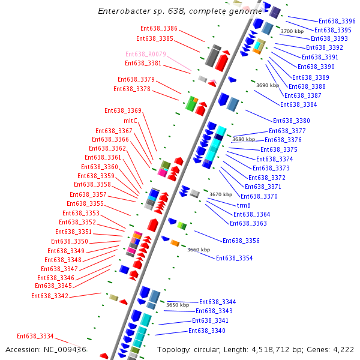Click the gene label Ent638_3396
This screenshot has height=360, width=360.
click(337, 21)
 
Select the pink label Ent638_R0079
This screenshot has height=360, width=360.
click(145, 54)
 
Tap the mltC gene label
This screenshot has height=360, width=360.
click(130, 121)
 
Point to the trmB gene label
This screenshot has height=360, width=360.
click(244, 205)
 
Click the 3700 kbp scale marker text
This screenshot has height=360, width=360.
click(292, 31)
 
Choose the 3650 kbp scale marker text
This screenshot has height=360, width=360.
click(178, 305)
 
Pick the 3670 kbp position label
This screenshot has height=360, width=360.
click(220, 194)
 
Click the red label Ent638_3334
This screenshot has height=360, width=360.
click(35, 337)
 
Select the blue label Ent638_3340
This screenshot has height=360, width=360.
click(207, 331)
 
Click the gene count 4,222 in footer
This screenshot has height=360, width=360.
click(341, 349)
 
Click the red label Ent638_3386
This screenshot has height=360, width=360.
click(159, 29)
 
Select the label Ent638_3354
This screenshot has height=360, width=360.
click(234, 258)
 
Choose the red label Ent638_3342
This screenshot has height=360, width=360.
click(50, 296)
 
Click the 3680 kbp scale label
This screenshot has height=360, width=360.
click(244, 139)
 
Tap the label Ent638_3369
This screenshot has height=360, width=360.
click(123, 110)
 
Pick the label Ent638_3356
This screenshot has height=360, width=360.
click(241, 241)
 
